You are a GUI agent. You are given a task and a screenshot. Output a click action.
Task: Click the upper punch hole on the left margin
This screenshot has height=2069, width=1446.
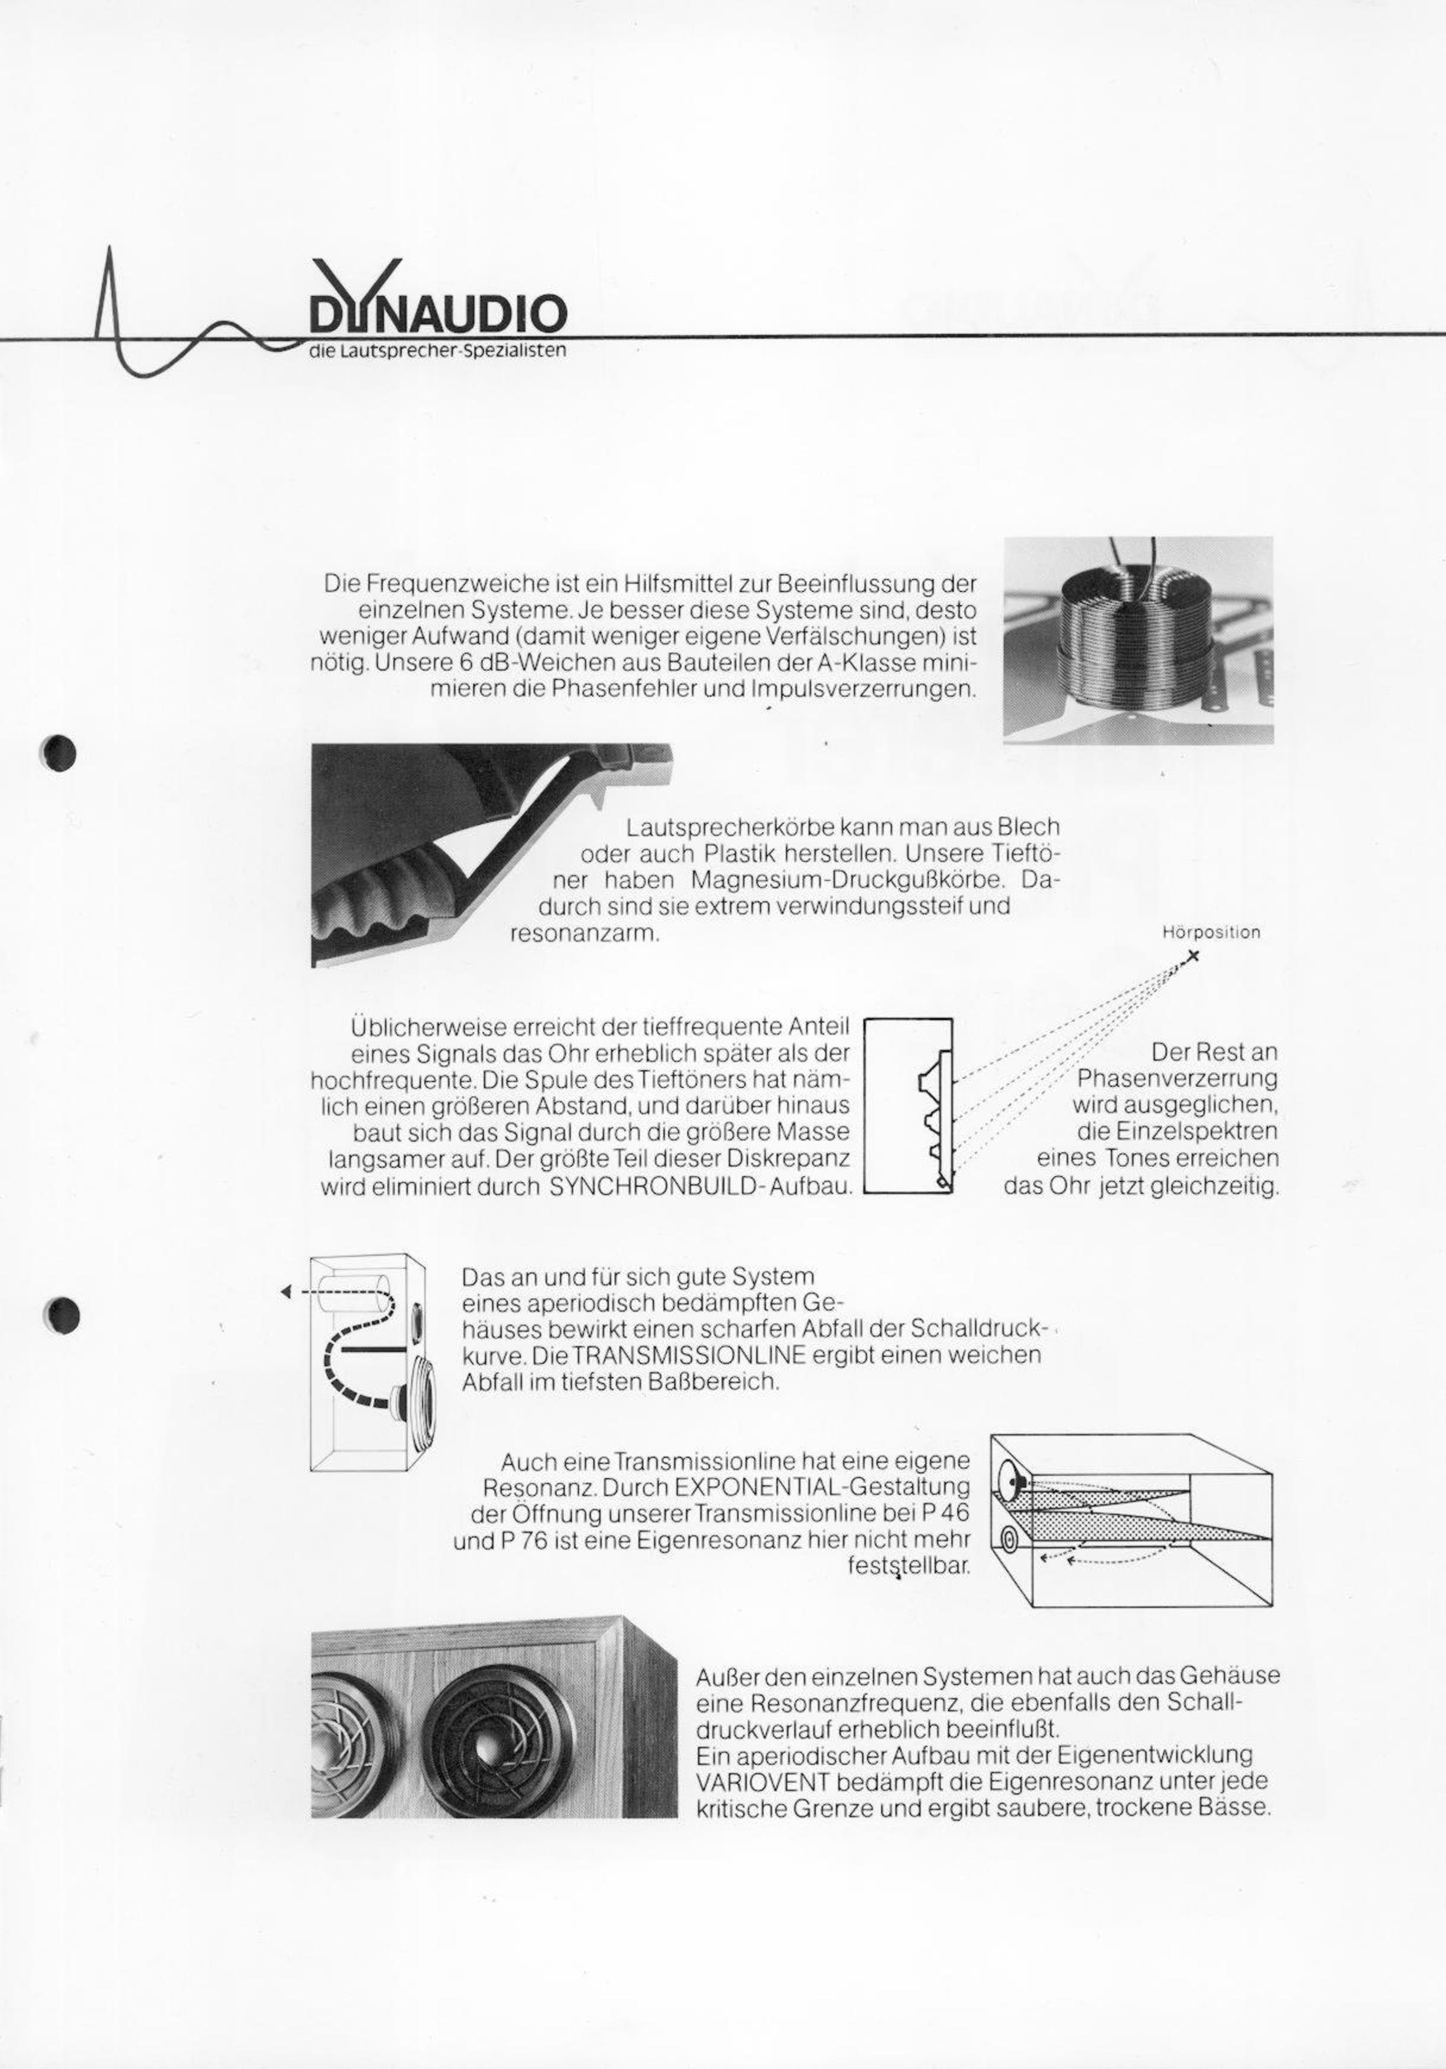coord(61,751)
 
